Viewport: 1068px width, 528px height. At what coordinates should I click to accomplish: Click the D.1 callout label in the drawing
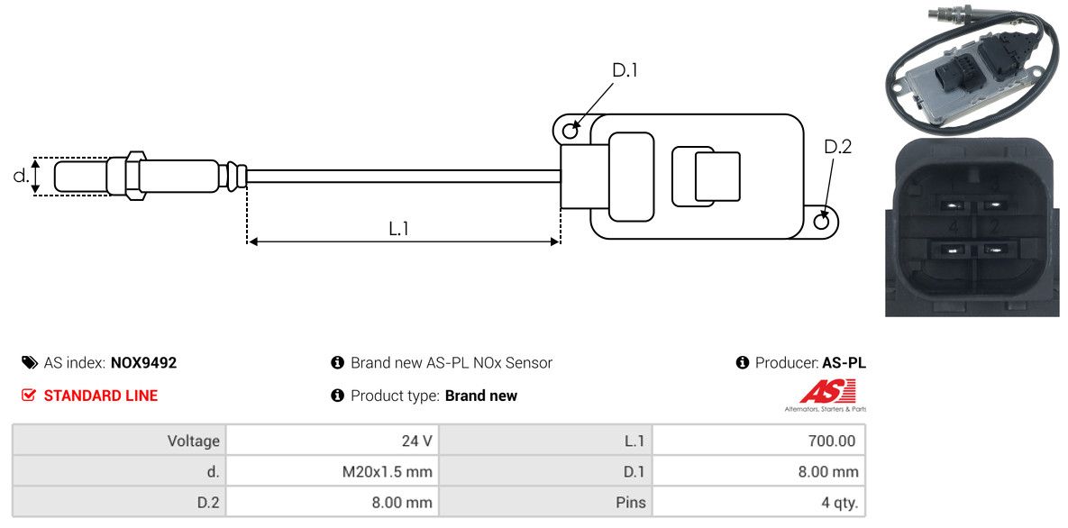pyautogui.click(x=625, y=70)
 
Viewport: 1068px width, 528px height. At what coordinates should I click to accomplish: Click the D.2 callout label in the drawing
pyautogui.click(x=837, y=147)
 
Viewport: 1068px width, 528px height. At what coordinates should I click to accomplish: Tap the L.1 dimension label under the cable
pyautogui.click(x=399, y=229)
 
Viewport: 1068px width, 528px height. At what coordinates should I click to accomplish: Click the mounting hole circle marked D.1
pyautogui.click(x=571, y=132)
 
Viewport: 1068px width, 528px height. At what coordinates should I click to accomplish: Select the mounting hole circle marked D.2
pyautogui.click(x=822, y=222)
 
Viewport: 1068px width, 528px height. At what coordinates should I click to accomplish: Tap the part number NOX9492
pyautogui.click(x=143, y=363)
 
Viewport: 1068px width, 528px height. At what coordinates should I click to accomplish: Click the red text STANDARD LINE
pyautogui.click(x=101, y=396)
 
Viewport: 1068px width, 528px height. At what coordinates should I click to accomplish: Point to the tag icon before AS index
pyautogui.click(x=29, y=363)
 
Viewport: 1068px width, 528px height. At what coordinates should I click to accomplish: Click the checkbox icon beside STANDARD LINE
pyautogui.click(x=29, y=396)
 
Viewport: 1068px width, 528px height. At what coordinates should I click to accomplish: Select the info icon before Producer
pyautogui.click(x=743, y=363)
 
